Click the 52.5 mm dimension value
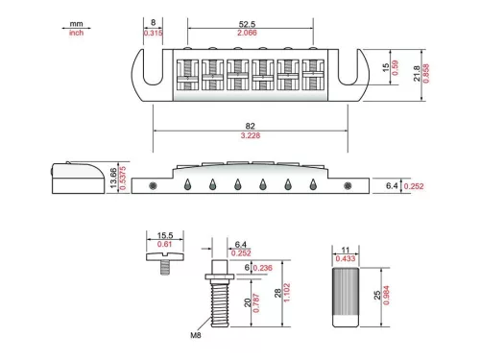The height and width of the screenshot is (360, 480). [247, 24]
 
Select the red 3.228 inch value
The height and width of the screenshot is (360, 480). [251, 135]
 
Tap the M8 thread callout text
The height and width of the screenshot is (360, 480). [196, 335]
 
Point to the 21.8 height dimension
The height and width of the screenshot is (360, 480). [417, 74]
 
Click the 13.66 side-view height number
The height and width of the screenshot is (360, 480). [113, 178]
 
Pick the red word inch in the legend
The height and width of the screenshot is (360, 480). [76, 33]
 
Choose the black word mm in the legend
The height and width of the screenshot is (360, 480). [76, 24]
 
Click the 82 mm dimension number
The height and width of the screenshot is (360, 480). [251, 126]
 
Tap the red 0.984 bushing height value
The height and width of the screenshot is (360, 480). [386, 296]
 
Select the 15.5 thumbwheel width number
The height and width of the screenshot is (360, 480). [165, 235]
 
